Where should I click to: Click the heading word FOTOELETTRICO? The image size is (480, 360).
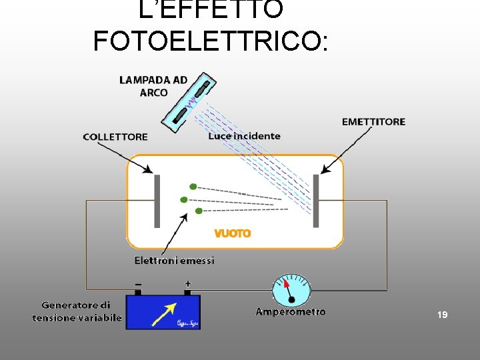tap(210, 41)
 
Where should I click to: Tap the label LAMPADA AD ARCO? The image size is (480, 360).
tap(153, 86)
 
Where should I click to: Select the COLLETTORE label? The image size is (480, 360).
tap(115, 137)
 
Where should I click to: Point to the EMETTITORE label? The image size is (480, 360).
tap(373, 122)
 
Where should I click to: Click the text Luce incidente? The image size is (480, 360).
tap(244, 136)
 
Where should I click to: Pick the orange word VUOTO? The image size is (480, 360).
tap(233, 233)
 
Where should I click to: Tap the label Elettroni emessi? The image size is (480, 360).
tap(175, 261)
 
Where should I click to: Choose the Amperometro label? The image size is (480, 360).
tap(291, 311)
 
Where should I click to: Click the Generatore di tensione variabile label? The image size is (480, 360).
tap(77, 311)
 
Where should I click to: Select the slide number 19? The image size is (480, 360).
tap(442, 313)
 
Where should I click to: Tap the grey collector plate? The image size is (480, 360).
tap(158, 201)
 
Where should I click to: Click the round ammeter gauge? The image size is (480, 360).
tap(291, 291)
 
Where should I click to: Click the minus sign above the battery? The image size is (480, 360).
tap(138, 284)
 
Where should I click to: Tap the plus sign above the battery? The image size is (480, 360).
tap(187, 284)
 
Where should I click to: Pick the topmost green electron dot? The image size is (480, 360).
tap(193, 187)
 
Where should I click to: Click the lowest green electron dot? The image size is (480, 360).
tap(198, 211)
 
